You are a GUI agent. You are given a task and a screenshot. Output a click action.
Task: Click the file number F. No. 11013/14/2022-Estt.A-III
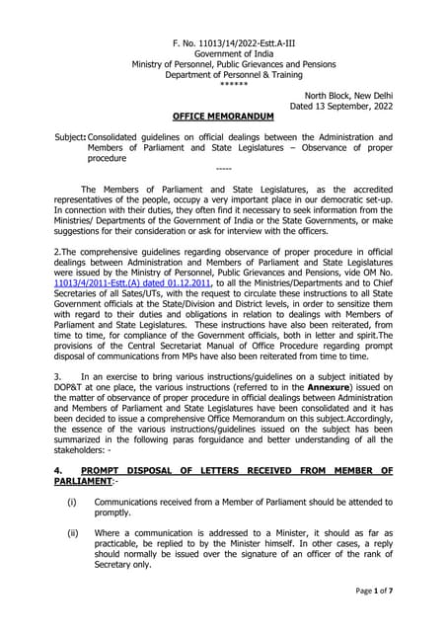[x=222, y=46]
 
